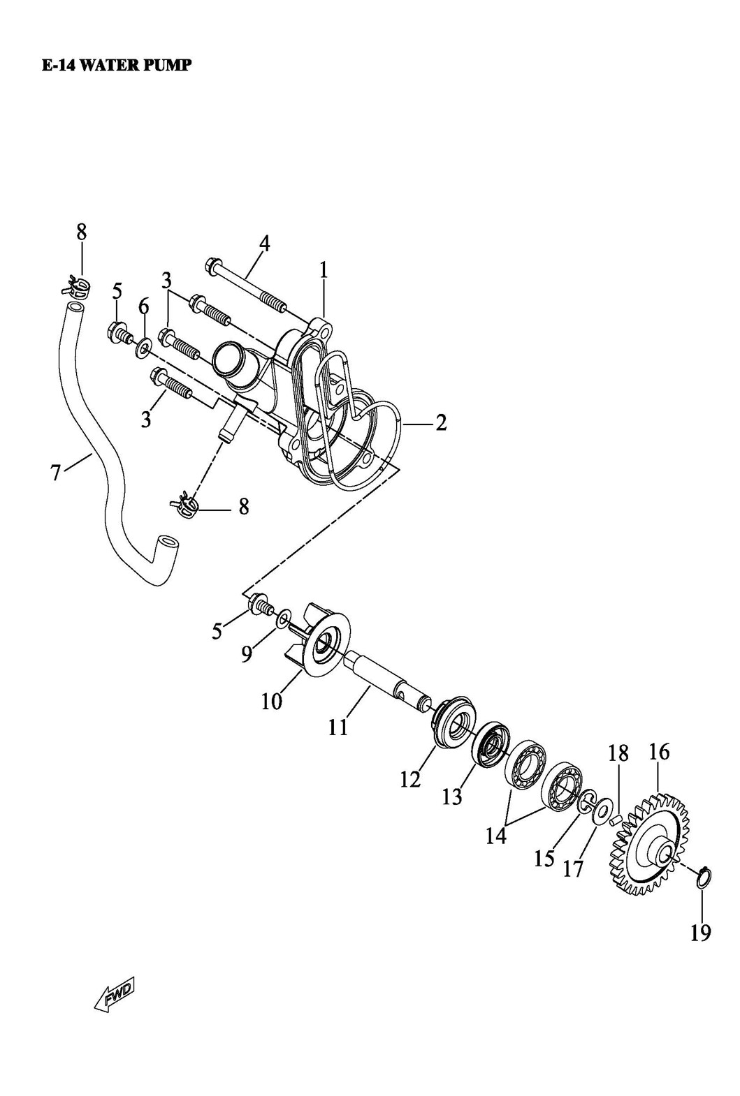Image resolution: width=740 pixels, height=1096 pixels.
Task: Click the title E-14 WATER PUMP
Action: (116, 66)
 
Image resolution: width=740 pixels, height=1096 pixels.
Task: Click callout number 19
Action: (700, 932)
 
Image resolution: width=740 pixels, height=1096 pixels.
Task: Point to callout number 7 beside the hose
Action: (56, 473)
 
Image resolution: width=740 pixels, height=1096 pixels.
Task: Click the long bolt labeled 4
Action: (245, 287)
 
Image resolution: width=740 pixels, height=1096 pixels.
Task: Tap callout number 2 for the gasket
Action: (441, 422)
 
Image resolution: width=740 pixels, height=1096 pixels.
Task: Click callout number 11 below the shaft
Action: (338, 727)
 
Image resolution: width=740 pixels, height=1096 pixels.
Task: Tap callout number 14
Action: (496, 836)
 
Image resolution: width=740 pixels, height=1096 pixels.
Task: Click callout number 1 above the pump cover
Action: (324, 270)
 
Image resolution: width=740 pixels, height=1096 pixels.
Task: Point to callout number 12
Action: (410, 780)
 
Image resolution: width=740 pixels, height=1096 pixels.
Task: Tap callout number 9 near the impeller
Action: (246, 654)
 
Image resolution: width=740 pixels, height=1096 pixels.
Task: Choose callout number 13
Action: (452, 796)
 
